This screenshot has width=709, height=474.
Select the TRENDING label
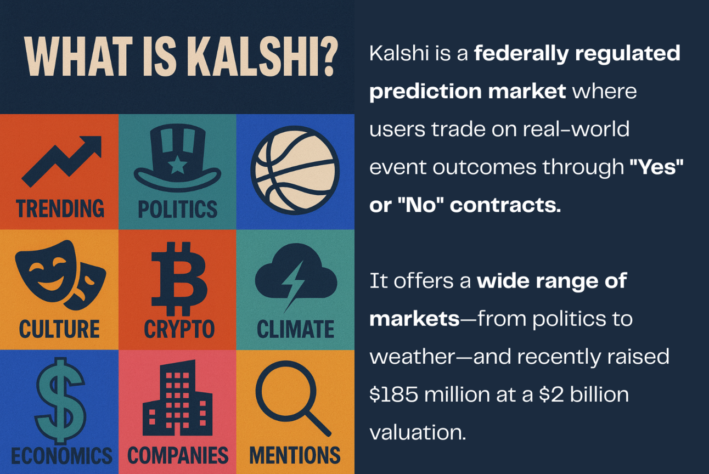tap(60, 209)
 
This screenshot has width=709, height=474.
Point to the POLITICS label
tap(177, 209)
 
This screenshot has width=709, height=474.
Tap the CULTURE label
tap(59, 329)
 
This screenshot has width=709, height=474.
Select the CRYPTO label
tap(179, 329)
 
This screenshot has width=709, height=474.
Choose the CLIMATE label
tap(295, 329)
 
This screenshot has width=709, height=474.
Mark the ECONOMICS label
tap(61, 455)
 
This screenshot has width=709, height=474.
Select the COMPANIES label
tap(178, 455)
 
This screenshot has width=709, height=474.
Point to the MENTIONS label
tap(295, 455)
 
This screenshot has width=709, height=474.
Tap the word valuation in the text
tap(417, 432)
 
